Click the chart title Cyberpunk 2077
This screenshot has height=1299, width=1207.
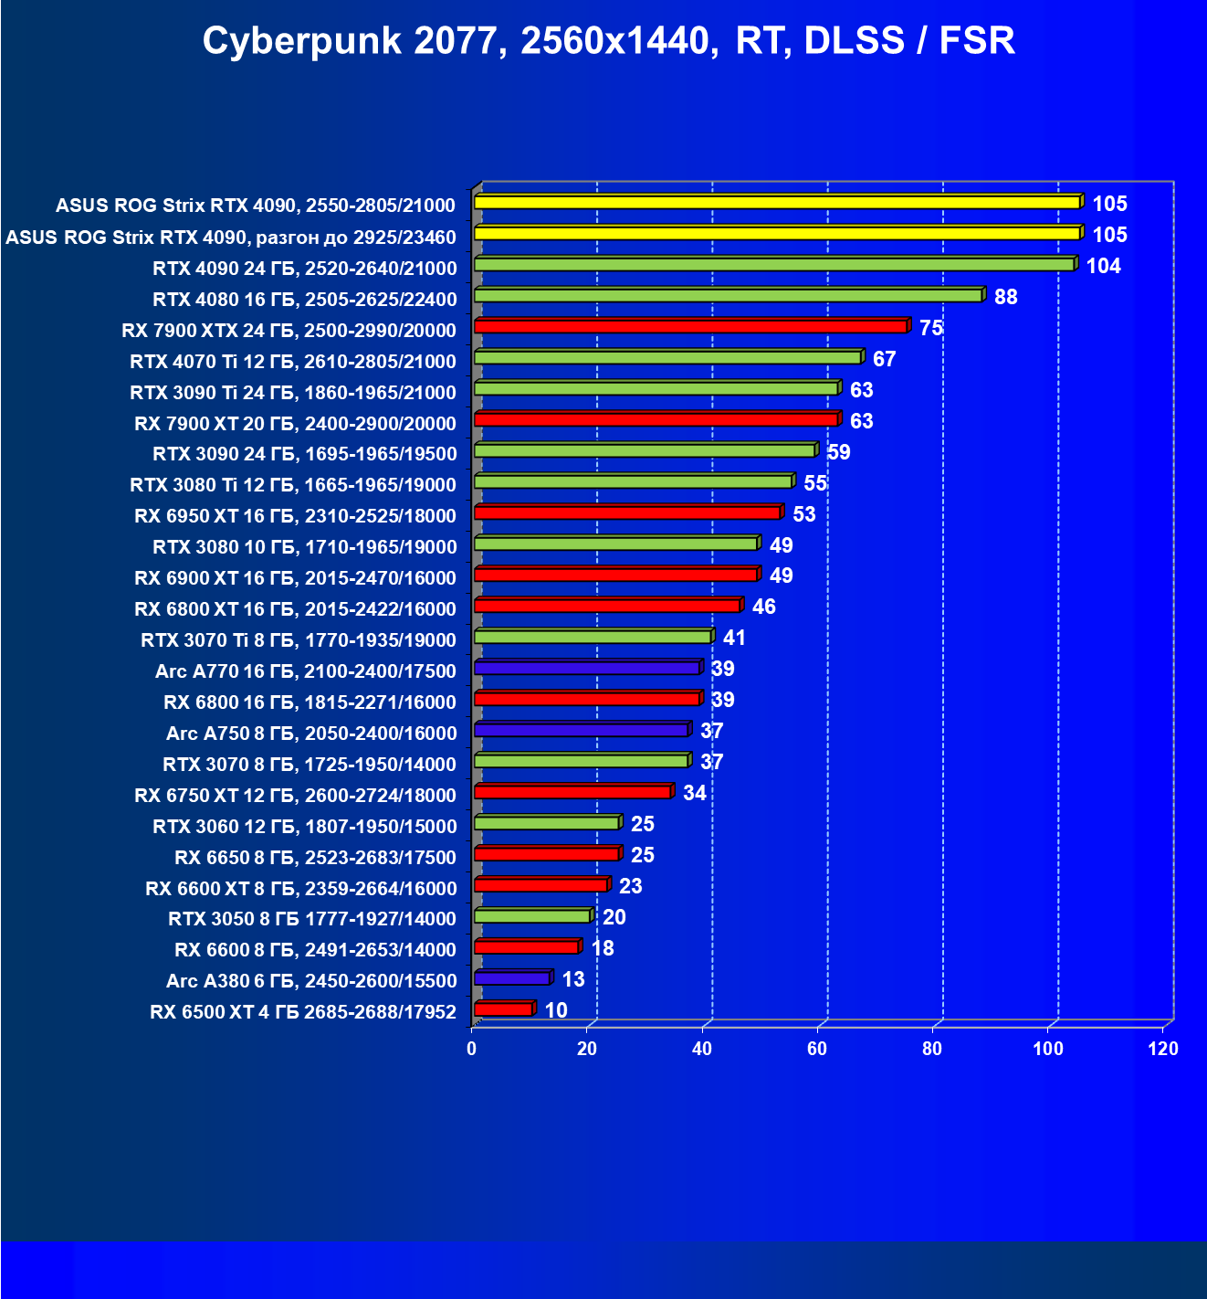608,41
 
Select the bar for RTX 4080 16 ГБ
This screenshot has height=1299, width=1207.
728,296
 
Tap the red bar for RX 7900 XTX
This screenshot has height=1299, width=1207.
690,327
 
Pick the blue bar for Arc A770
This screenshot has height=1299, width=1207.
587,669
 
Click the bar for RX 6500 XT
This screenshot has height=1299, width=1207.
503,1009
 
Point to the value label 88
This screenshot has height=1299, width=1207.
1005,297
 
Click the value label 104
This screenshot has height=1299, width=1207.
1103,266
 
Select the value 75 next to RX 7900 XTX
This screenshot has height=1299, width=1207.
930,328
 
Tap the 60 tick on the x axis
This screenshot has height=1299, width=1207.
817,1049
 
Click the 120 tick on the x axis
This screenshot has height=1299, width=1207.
1163,1049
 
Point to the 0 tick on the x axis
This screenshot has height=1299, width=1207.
472,1049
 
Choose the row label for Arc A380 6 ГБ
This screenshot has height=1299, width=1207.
311,981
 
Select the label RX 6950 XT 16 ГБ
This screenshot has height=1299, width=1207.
295,516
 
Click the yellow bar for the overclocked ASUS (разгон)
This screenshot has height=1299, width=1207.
777,234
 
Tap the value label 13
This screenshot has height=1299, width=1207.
573,979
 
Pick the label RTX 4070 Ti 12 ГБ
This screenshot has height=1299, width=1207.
293,362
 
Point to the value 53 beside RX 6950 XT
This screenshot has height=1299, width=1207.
803,514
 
